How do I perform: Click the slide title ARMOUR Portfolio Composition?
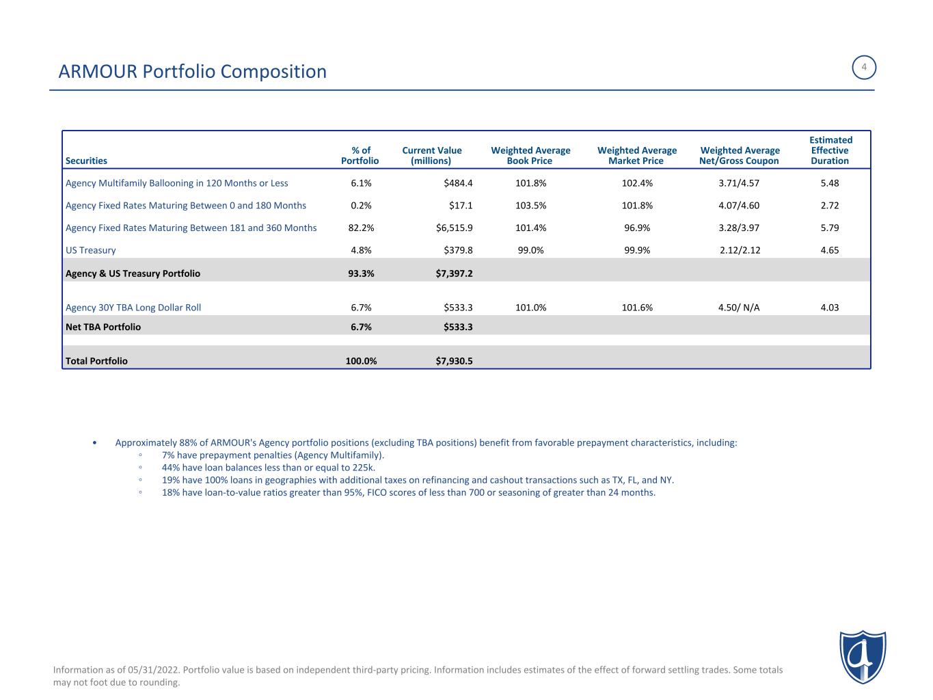click(193, 71)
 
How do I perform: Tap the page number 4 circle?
click(864, 67)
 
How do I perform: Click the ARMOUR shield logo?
click(863, 657)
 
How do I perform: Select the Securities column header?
click(86, 161)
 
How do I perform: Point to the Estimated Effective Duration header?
click(830, 150)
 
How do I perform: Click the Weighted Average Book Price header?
click(530, 156)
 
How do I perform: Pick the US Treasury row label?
click(90, 250)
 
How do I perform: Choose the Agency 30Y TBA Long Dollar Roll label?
click(133, 308)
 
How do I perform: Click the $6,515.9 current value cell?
click(454, 228)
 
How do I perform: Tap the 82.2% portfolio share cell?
click(361, 228)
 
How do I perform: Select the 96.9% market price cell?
click(637, 228)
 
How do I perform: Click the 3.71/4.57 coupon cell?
click(739, 183)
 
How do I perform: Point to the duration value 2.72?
click(829, 205)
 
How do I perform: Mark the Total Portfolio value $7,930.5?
click(454, 361)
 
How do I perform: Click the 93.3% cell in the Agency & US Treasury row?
click(361, 273)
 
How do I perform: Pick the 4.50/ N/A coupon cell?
click(739, 308)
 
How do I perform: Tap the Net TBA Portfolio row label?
click(103, 327)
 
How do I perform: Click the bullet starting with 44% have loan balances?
click(268, 468)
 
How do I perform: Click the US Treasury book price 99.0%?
click(530, 250)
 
